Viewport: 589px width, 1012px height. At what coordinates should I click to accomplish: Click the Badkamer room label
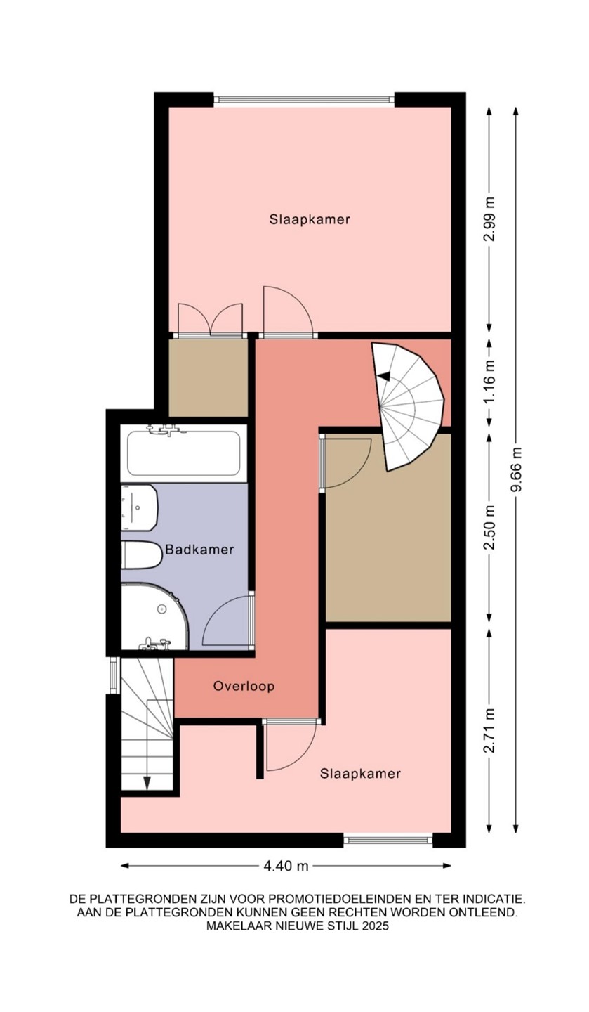(x=199, y=550)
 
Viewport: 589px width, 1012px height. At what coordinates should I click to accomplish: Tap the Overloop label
(x=244, y=686)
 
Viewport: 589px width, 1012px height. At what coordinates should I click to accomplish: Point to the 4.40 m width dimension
(x=286, y=866)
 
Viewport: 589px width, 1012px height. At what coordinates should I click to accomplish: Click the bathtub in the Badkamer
(x=184, y=453)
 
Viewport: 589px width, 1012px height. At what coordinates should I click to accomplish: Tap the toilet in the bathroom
(x=141, y=554)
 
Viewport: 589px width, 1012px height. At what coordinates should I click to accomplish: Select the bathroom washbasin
(x=139, y=508)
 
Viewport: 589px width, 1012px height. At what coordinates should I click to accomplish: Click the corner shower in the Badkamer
(x=154, y=617)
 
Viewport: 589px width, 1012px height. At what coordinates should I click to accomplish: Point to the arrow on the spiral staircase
(x=384, y=375)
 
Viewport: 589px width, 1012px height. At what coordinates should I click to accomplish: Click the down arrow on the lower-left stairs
(x=147, y=782)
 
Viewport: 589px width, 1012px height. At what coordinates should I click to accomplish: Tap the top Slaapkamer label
(x=310, y=219)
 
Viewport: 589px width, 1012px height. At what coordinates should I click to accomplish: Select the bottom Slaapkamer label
(x=361, y=774)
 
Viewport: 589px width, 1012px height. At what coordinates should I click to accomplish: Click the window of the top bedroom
(x=304, y=99)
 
